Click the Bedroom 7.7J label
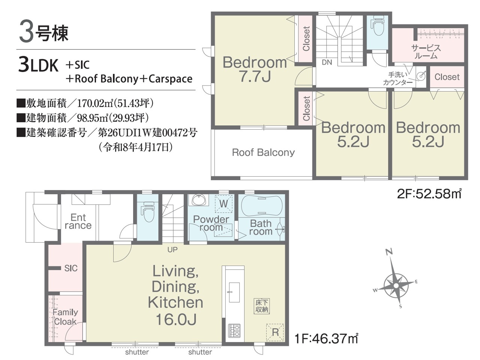click(x=255, y=69)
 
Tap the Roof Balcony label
click(x=263, y=153)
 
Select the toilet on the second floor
click(x=378, y=26)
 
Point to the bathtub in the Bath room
click(x=261, y=206)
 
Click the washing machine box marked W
click(x=223, y=204)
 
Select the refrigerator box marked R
click(x=275, y=333)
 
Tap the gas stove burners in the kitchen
click(x=234, y=331)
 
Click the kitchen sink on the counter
click(x=234, y=292)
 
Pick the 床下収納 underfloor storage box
click(x=262, y=306)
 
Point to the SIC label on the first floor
click(x=71, y=268)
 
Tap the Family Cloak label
click(x=65, y=317)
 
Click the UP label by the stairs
click(x=172, y=250)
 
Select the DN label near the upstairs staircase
click(x=327, y=63)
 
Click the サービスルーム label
click(x=426, y=52)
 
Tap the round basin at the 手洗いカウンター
click(x=421, y=76)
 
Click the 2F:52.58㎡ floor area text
click(x=429, y=193)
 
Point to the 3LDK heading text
click(x=39, y=65)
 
